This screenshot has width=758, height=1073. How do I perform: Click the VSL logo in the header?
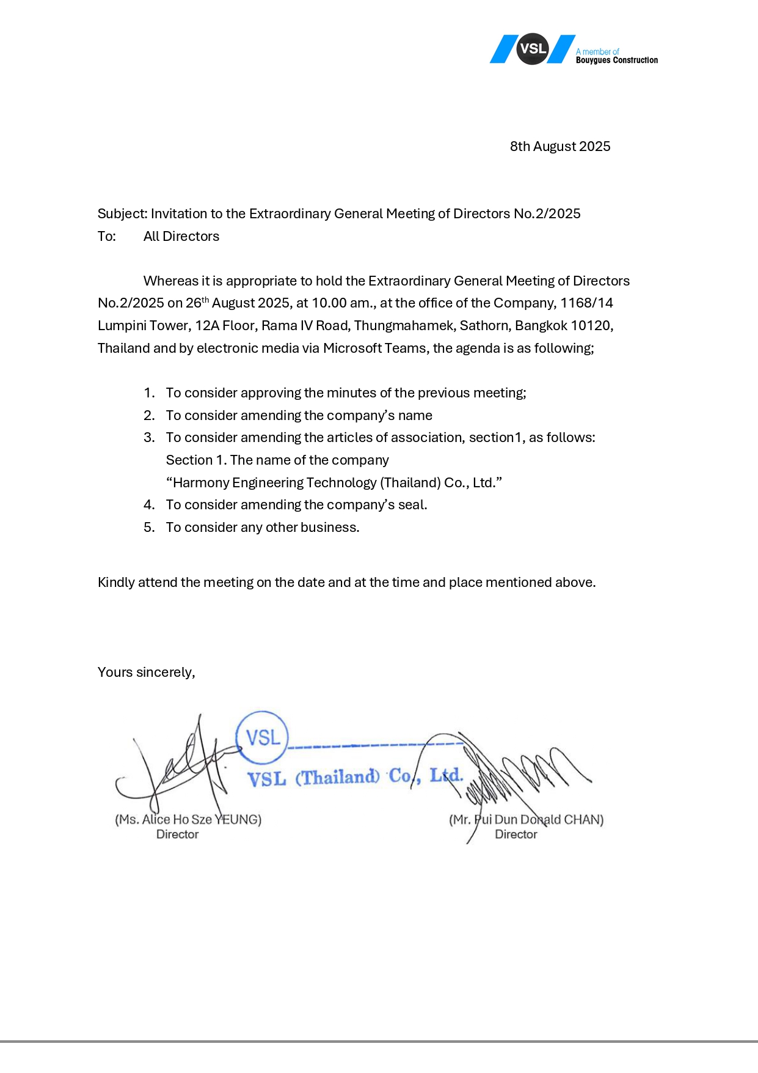(533, 49)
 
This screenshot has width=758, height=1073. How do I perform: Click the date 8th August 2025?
(560, 147)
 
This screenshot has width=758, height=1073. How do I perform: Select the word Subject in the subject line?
(122, 214)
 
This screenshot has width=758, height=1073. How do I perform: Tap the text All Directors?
(181, 237)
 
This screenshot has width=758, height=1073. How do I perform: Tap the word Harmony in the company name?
(200, 483)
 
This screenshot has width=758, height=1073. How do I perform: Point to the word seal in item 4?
(411, 505)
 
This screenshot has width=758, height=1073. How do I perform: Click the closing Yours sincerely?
(147, 673)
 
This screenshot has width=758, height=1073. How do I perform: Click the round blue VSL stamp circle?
(262, 737)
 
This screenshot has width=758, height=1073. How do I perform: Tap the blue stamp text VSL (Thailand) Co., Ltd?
(355, 777)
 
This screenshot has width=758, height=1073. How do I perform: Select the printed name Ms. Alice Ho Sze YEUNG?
(188, 820)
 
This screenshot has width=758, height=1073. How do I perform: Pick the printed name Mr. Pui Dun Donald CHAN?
(526, 820)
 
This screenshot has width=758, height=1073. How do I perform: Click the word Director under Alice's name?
(177, 835)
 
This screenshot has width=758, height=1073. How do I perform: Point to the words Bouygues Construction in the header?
(617, 61)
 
